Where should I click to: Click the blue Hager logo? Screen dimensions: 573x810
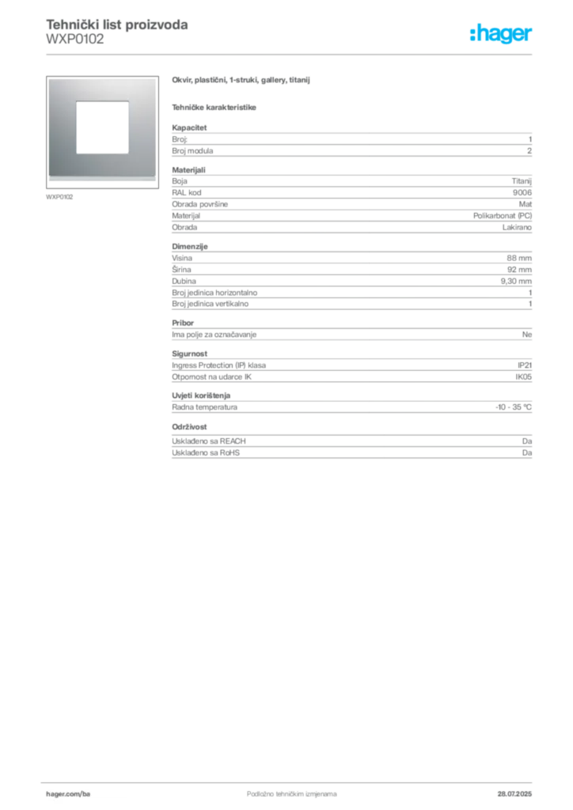[x=502, y=35]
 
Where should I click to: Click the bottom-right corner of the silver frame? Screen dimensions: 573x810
[x=155, y=181]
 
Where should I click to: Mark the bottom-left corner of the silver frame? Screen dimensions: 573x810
[x=48, y=181]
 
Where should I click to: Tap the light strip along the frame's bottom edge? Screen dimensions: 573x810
[x=101, y=176]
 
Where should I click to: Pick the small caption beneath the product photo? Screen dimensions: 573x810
[x=60, y=196]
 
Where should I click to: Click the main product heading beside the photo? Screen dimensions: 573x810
[x=243, y=80]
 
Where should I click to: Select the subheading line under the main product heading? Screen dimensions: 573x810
[x=215, y=107]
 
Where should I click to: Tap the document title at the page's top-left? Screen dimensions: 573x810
[x=116, y=25]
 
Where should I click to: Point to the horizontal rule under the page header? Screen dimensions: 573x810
[x=291, y=54]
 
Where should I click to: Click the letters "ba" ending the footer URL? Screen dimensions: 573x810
[x=88, y=793]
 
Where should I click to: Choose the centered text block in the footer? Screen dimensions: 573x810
[x=283, y=790]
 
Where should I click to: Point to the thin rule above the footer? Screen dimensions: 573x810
[x=291, y=780]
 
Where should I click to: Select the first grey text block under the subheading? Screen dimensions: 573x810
[x=351, y=141]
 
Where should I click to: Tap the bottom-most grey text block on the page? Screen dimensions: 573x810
[x=351, y=445]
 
